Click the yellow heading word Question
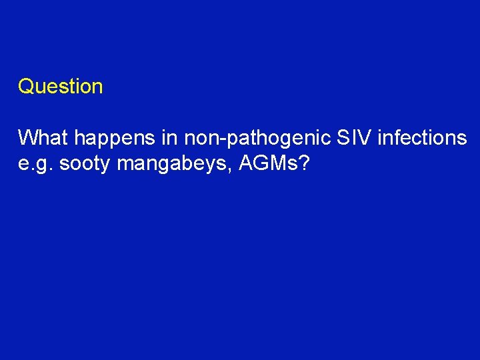tap(60, 87)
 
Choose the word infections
tap(423, 138)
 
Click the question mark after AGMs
tap(304, 163)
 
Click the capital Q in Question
tap(25, 87)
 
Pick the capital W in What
tap(28, 138)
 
